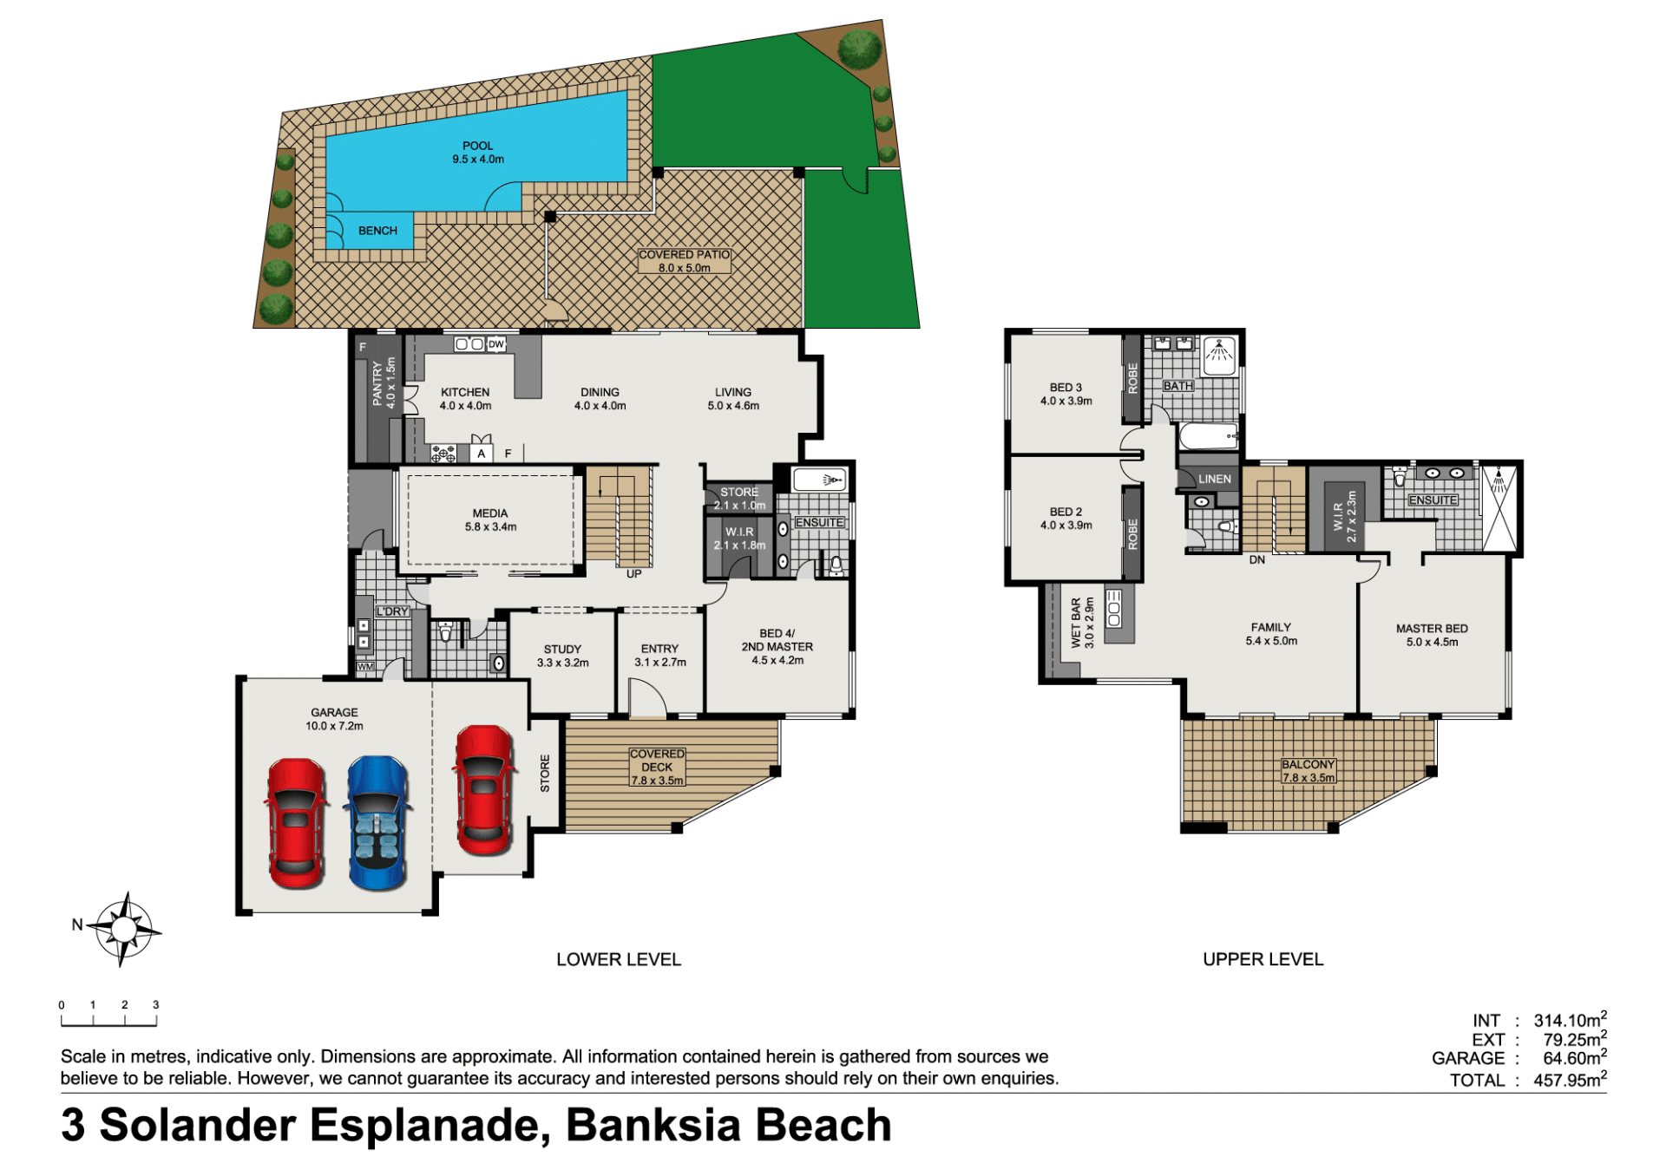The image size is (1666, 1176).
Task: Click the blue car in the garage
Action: [377, 823]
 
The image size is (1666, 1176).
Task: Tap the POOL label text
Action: [477, 146]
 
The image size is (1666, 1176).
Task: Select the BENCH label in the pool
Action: [377, 231]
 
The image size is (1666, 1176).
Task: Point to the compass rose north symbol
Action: [123, 929]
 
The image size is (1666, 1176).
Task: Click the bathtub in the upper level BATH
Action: [1208, 436]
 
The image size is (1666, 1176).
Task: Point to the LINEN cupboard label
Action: [1214, 479]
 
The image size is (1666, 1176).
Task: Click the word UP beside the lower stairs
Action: [634, 574]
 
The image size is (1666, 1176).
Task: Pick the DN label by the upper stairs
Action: [1257, 560]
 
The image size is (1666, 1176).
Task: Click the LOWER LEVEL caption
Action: [619, 959]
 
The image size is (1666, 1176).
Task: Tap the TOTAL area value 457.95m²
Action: [1570, 1079]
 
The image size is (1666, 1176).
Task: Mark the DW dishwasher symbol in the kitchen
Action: [495, 344]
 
